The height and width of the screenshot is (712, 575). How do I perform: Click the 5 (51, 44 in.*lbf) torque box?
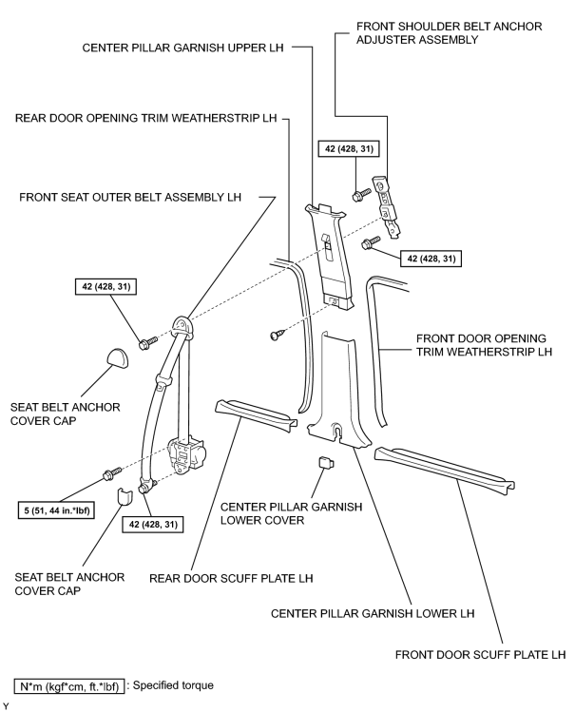(57, 510)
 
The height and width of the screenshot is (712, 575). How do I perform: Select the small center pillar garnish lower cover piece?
(327, 463)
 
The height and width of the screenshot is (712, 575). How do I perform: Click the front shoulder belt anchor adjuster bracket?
(387, 205)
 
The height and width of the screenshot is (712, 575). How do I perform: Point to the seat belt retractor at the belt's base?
(186, 455)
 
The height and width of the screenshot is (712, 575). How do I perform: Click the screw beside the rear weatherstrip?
(276, 335)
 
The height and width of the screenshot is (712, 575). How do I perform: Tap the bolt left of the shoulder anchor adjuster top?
(361, 194)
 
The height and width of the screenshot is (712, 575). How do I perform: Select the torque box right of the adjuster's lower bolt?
(431, 259)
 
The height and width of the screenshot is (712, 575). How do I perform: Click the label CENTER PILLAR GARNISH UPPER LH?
(182, 48)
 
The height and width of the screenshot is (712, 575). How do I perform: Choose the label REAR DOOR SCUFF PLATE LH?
(231, 579)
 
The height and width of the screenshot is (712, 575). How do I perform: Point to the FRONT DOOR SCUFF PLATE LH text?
(480, 655)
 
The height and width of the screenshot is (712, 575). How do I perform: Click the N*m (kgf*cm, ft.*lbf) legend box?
(69, 686)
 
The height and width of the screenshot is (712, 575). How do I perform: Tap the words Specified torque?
(173, 685)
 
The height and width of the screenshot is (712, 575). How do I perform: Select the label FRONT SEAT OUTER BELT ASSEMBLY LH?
(130, 197)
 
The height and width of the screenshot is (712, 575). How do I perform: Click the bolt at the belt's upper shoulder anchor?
(148, 343)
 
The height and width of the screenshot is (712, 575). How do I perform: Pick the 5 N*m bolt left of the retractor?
(111, 473)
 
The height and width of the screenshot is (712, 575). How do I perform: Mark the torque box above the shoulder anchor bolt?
(105, 286)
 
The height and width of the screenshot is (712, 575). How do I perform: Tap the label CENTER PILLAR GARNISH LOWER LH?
(373, 614)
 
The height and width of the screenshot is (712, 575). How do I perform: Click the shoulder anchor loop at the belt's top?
(182, 326)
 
